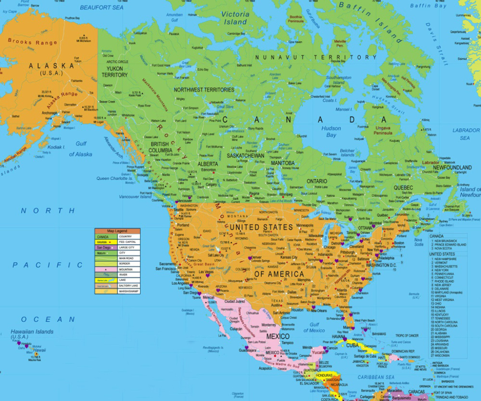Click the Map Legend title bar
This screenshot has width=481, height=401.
click(117, 231)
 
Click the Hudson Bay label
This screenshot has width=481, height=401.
click(331, 131)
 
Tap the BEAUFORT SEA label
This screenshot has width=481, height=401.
click(101, 8)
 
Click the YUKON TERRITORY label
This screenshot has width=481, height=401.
click(115, 71)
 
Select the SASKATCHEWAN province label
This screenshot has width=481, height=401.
click(246, 155)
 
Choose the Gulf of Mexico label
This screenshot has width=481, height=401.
click(314, 327)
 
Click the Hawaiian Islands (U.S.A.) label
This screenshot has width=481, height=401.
click(32, 334)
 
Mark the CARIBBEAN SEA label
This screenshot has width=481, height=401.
click(376, 377)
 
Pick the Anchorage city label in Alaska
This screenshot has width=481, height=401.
click(49, 113)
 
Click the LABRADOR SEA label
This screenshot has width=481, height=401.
click(465, 134)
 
